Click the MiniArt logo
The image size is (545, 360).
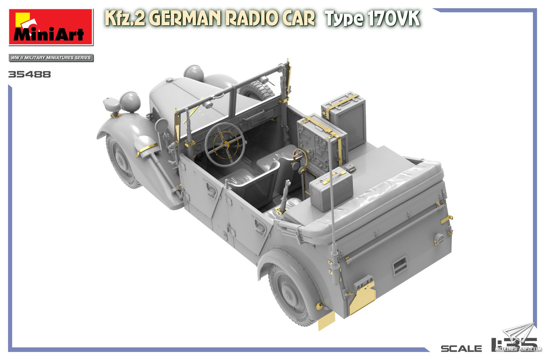(x=51, y=27)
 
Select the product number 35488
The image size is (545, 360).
(x=30, y=75)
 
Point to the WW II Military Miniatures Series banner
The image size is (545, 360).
(x=51, y=58)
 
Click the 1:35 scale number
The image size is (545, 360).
(x=514, y=345)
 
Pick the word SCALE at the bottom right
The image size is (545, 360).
(x=461, y=349)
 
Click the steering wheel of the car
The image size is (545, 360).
(x=225, y=145)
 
